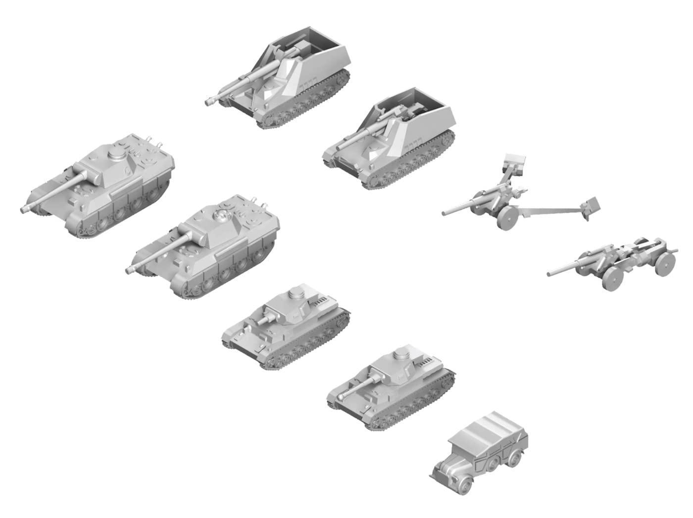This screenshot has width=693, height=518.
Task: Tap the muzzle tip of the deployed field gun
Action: (445, 213)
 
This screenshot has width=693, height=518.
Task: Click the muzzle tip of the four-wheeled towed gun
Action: (549, 273)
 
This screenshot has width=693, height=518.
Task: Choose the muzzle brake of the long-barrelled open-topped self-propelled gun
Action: (210, 102)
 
